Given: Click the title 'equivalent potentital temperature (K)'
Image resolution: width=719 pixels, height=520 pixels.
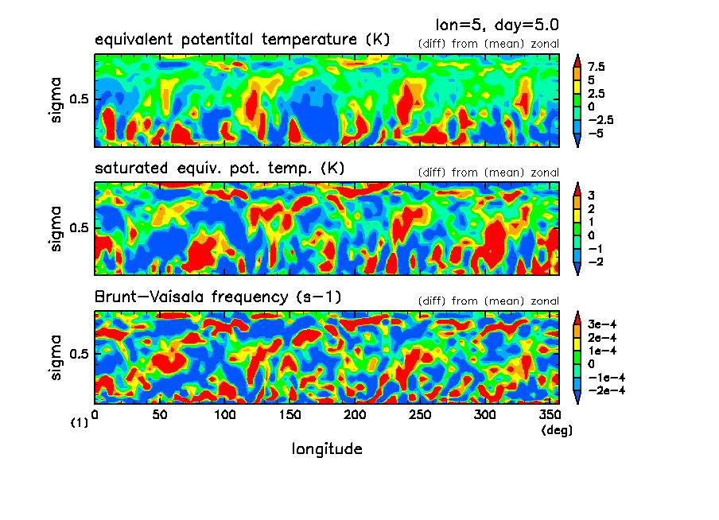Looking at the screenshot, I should click(242, 40).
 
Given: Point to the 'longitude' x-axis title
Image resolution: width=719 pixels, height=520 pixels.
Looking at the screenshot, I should click(327, 449).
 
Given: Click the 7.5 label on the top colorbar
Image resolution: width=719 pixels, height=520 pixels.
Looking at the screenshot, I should click(597, 68).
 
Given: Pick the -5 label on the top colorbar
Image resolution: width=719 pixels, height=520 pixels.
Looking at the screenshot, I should click(597, 133).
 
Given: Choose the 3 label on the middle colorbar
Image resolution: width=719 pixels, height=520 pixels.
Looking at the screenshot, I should click(592, 195).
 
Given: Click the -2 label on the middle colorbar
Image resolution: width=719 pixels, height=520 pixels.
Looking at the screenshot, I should click(595, 262).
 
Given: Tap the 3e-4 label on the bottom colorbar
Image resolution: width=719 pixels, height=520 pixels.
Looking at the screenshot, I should click(602, 324).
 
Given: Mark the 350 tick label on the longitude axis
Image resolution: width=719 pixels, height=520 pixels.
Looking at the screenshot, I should click(549, 416).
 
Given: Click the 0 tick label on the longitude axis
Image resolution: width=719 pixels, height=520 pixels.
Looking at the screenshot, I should click(95, 416).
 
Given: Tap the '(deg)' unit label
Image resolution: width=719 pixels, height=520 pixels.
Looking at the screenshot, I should click(556, 430).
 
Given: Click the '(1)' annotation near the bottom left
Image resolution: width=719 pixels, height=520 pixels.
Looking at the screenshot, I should click(79, 424).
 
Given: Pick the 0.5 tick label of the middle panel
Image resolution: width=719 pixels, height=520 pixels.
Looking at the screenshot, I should click(82, 228).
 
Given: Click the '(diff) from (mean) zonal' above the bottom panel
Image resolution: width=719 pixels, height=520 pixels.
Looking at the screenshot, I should click(488, 301).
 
